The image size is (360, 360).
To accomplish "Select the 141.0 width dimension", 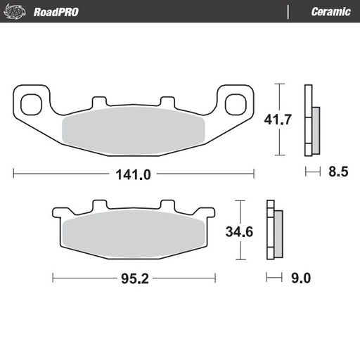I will click(134, 174).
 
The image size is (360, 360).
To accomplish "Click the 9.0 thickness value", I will click(300, 278).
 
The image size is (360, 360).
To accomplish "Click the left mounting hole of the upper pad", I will click(31, 103).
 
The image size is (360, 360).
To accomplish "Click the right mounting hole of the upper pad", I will click(235, 103).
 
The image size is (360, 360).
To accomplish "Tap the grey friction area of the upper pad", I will click(134, 129).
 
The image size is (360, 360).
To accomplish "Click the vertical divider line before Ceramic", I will click(288, 11).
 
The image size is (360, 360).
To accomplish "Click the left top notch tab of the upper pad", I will click(98, 101).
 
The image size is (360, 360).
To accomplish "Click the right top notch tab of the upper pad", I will click(167, 101).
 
